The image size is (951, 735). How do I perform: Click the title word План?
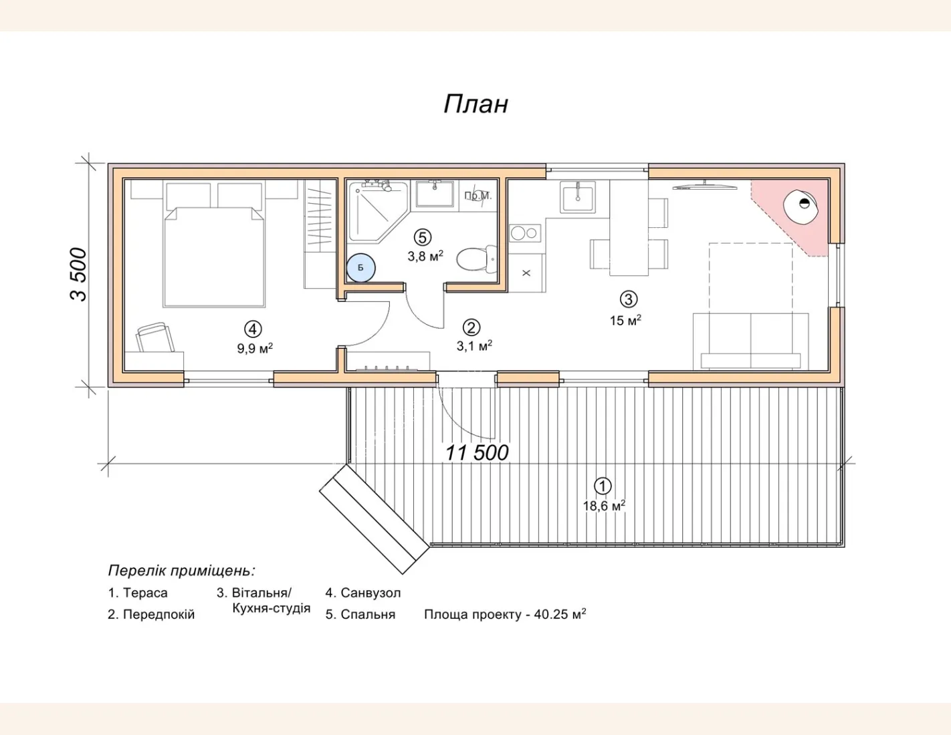tap(476, 104)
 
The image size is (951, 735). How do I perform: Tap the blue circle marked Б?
tap(360, 267)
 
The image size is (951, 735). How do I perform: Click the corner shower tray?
tap(378, 212)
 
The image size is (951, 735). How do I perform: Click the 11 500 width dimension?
tap(477, 453)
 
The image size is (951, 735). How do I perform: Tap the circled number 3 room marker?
tap(629, 299)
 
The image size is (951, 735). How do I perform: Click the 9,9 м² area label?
tap(255, 349)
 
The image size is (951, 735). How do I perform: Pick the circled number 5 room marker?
tap(422, 237)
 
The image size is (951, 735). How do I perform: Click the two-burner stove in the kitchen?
tap(525, 233)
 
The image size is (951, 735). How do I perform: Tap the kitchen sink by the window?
tap(578, 198)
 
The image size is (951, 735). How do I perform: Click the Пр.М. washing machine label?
tap(478, 196)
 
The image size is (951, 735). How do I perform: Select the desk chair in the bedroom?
tap(155, 337)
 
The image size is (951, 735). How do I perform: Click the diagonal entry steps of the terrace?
tap(375, 519)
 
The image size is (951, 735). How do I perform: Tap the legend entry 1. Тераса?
tap(138, 593)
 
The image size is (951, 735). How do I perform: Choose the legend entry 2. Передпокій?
tap(151, 615)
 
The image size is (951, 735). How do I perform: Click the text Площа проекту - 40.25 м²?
tap(505, 614)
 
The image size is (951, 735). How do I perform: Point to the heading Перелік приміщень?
tap(182, 571)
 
